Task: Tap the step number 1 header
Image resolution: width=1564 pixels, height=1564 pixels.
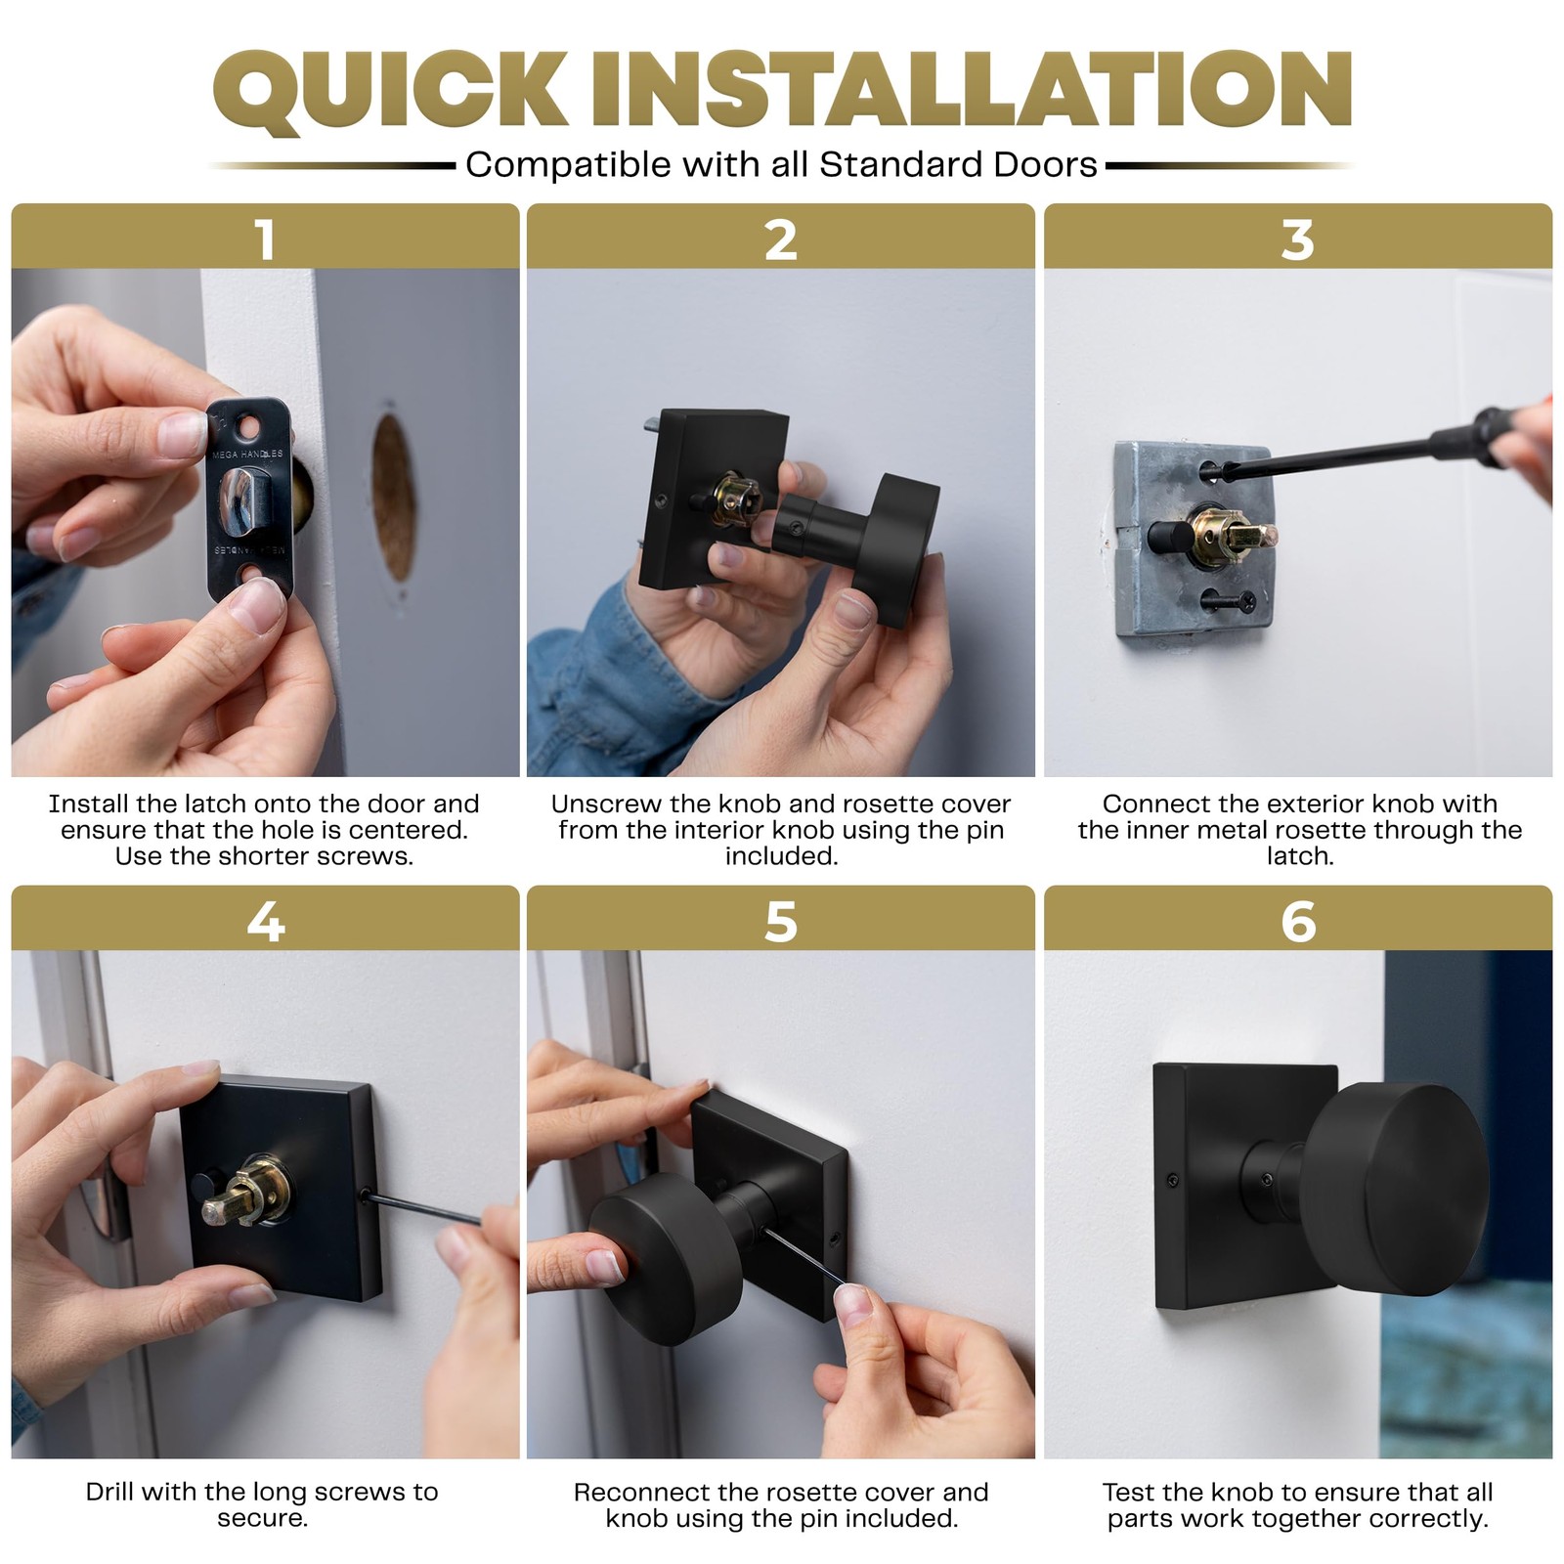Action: point(265,239)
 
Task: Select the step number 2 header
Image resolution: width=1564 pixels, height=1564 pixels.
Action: point(780,239)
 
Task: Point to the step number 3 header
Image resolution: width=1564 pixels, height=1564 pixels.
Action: point(1297,239)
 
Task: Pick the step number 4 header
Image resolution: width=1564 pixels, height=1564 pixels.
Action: point(265,922)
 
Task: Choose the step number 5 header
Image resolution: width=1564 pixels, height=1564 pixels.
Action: point(780,922)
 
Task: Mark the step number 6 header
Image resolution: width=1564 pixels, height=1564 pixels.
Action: point(1297,922)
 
